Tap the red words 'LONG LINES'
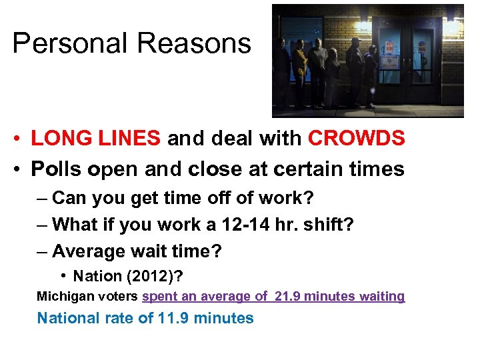(x=96, y=138)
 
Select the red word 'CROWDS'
(x=356, y=138)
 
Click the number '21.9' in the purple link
(x=293, y=296)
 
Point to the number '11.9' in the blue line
(x=176, y=318)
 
